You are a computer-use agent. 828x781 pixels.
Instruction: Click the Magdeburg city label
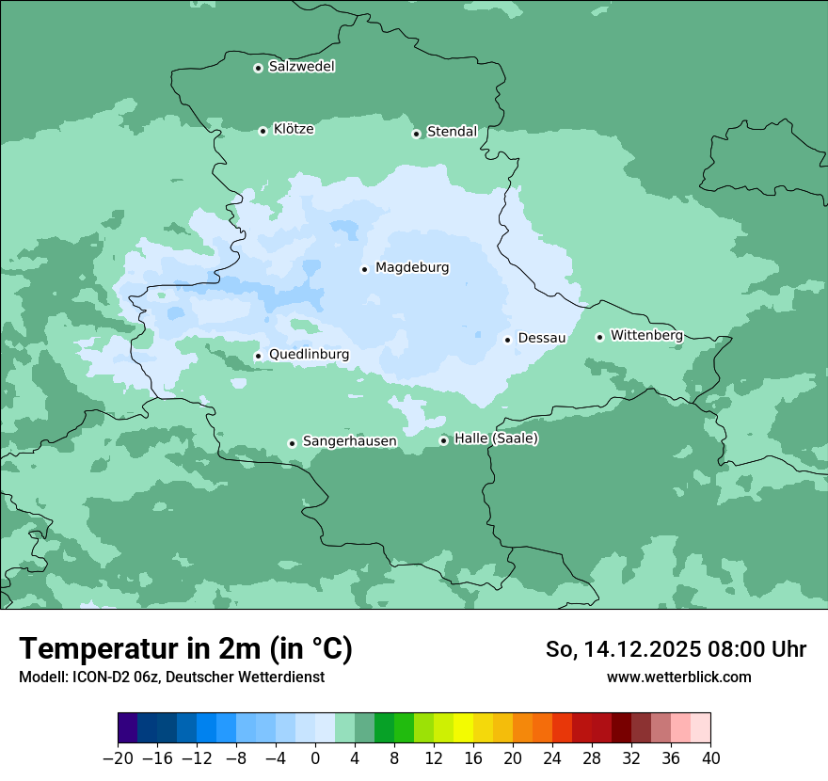click(x=412, y=268)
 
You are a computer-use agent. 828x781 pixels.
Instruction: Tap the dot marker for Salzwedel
click(x=258, y=68)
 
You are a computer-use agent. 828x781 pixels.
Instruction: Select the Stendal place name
click(x=453, y=132)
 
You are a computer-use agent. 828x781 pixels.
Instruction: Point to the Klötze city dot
click(x=263, y=131)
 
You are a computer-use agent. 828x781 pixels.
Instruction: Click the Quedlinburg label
click(x=309, y=355)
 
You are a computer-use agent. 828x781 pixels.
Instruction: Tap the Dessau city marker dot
click(x=507, y=340)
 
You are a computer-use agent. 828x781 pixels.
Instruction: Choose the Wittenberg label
click(x=646, y=335)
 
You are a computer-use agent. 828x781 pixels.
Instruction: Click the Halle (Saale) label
click(x=496, y=438)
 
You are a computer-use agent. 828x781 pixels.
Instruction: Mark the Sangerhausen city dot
click(x=292, y=443)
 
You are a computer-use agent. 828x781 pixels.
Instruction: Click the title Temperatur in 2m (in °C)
click(x=185, y=649)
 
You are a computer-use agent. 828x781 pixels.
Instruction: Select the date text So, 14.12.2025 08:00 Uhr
click(x=676, y=649)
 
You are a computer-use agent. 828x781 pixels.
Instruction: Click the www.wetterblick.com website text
click(x=678, y=677)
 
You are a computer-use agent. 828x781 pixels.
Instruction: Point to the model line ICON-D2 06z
click(x=171, y=677)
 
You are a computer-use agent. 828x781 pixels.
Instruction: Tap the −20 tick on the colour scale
click(x=118, y=758)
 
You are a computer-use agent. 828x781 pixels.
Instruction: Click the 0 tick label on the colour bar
click(x=315, y=758)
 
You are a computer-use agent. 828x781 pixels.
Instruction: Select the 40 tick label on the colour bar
click(x=710, y=758)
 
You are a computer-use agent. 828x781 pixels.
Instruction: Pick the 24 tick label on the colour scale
click(x=552, y=758)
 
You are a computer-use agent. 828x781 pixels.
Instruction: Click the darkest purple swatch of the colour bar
click(x=127, y=728)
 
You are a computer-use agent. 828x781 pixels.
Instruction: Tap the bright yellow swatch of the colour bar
click(x=463, y=728)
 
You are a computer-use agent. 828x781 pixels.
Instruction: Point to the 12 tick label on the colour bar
click(x=434, y=758)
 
